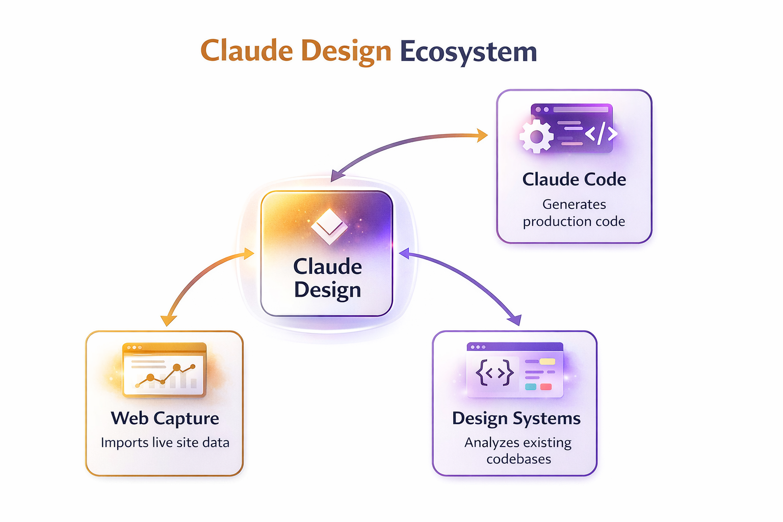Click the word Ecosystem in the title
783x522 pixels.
pos(468,52)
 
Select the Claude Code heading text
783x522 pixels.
pos(574,179)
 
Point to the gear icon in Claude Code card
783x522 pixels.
pos(536,137)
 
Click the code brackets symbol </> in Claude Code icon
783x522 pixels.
pos(601,134)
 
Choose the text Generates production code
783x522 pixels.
pos(574,213)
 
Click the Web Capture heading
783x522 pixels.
pos(165,418)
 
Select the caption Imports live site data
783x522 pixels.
pos(165,442)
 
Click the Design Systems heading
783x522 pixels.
pos(516,418)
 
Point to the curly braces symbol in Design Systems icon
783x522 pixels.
pos(494,374)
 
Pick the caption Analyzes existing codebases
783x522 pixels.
pos(518,451)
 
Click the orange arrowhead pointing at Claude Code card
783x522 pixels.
pos(482,135)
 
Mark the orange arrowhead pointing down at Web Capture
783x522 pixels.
pos(168,320)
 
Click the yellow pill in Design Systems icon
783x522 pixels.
pos(547,361)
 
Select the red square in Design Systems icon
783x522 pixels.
pos(546,387)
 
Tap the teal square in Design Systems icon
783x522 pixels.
pos(531,387)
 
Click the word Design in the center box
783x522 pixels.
pos(327,290)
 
